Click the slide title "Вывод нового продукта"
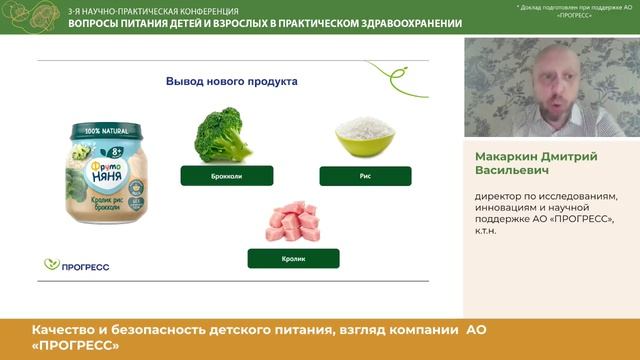(x=231, y=82)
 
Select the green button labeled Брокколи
(x=225, y=176)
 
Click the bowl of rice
(x=365, y=137)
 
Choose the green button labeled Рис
(x=365, y=176)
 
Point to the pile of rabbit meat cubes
(x=292, y=221)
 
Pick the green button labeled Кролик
(x=294, y=258)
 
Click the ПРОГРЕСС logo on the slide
(x=77, y=265)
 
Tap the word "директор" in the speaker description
(x=496, y=195)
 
